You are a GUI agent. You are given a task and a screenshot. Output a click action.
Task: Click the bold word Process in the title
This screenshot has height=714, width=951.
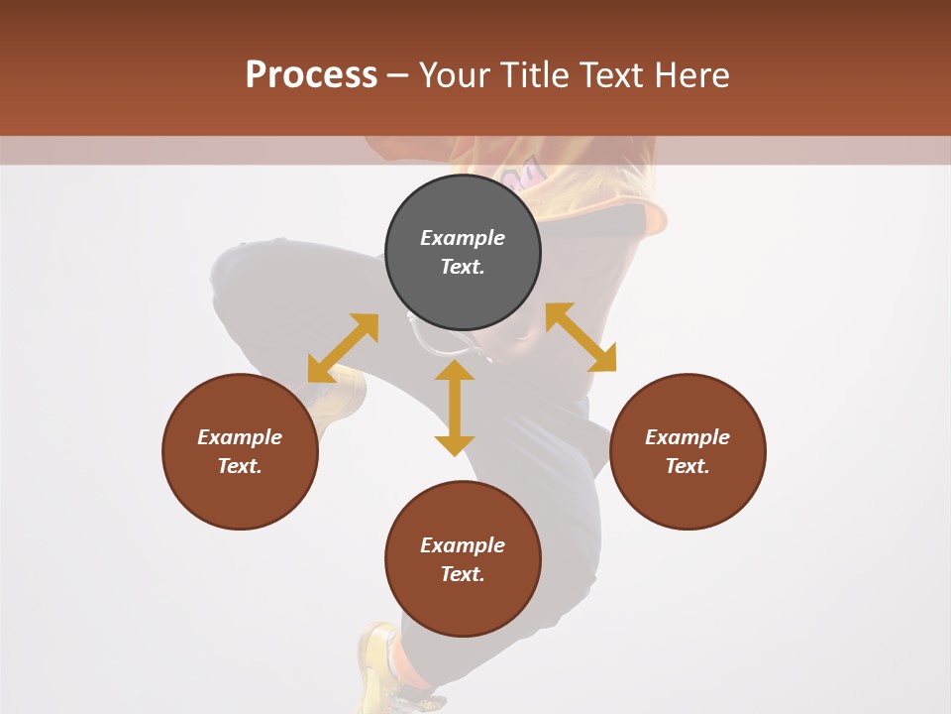click(x=311, y=74)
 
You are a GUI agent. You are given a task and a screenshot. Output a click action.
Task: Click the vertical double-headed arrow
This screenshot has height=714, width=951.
click(x=455, y=409)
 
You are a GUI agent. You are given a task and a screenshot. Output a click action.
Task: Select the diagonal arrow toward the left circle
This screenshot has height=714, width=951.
click(x=343, y=348)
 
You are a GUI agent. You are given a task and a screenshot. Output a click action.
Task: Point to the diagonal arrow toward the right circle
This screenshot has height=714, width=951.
click(x=581, y=337)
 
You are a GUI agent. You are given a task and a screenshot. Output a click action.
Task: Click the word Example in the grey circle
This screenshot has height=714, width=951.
click(x=463, y=238)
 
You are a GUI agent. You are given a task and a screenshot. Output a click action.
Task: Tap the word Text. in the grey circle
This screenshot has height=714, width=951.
click(x=463, y=267)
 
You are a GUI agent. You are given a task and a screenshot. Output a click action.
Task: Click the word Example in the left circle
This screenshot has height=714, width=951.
click(x=240, y=437)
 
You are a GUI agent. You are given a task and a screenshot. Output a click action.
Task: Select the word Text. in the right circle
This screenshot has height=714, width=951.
click(x=687, y=466)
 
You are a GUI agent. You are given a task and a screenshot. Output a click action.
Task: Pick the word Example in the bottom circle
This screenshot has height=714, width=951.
click(x=463, y=545)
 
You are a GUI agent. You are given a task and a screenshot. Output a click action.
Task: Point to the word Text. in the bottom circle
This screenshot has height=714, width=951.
click(x=463, y=574)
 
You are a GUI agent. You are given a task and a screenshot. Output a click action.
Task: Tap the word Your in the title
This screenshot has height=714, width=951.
click(x=453, y=75)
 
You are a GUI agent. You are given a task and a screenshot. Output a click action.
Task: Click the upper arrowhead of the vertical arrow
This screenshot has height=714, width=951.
click(x=455, y=371)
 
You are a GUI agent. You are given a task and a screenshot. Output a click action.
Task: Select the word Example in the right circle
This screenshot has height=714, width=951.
click(x=687, y=437)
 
